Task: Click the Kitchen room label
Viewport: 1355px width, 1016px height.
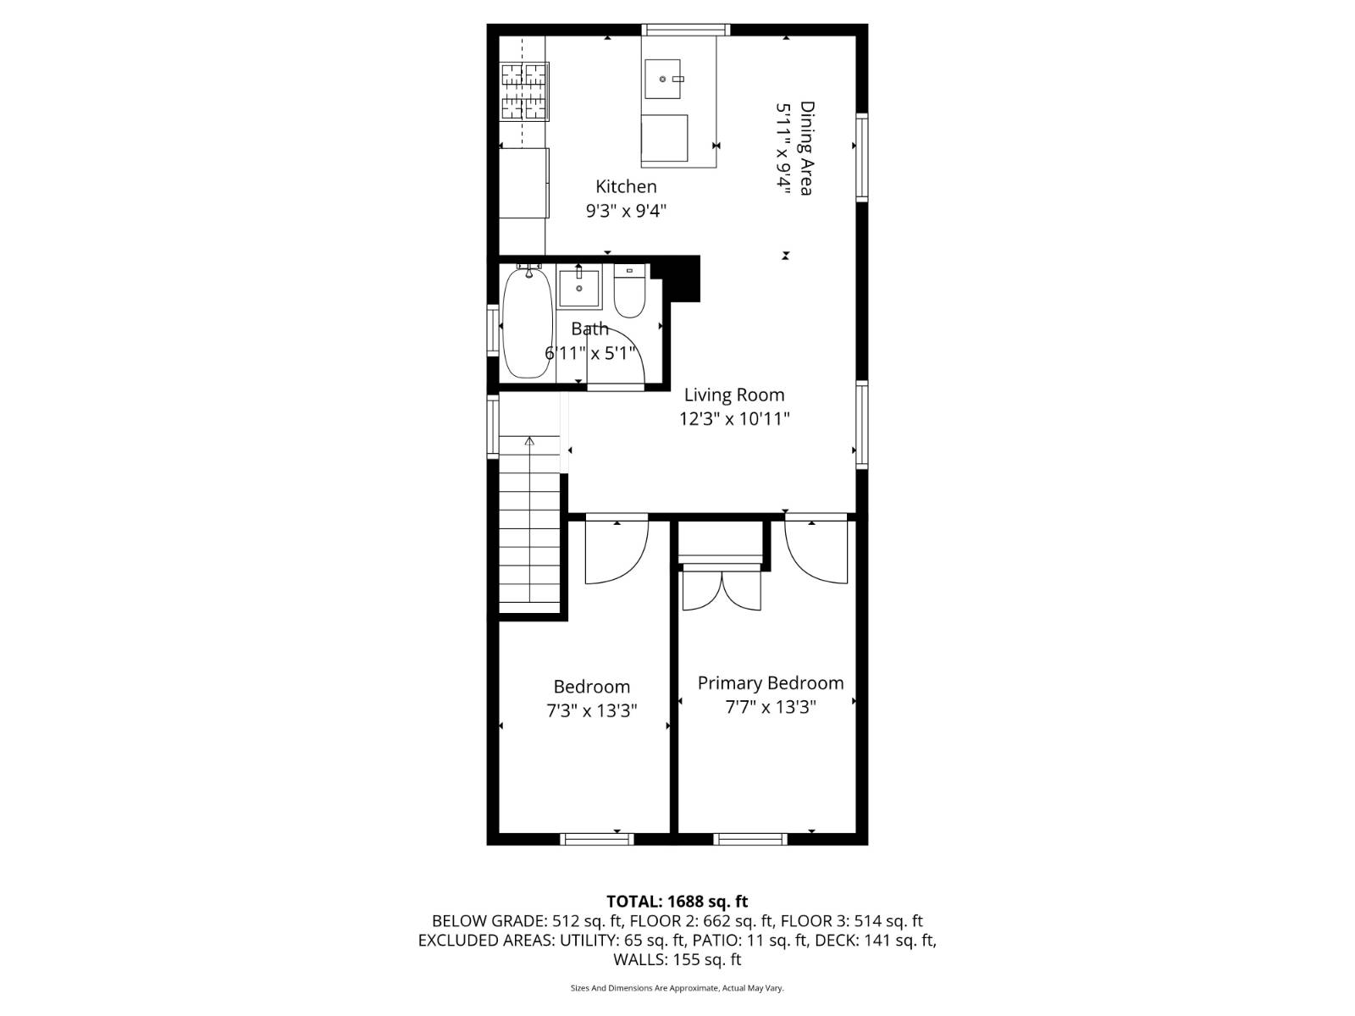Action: pos(626,186)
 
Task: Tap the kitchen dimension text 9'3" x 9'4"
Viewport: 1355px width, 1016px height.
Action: pos(626,211)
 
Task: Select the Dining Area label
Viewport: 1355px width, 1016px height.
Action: pos(807,148)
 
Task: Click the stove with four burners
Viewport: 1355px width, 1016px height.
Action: pos(523,91)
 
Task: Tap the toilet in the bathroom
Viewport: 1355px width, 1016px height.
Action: pos(629,294)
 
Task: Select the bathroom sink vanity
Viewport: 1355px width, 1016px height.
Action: pos(579,289)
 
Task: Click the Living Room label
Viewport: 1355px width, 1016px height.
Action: pos(734,395)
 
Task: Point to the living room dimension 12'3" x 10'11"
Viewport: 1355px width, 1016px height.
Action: pos(734,418)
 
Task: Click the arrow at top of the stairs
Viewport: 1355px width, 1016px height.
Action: pos(530,441)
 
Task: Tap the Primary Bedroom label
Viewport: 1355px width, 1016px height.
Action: pos(770,682)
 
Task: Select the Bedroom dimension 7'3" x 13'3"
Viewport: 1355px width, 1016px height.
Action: pos(591,710)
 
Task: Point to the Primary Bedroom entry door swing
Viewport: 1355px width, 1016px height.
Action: pos(815,552)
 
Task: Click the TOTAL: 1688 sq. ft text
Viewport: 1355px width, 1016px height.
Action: pos(677,901)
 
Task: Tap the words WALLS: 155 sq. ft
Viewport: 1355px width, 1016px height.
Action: pos(677,959)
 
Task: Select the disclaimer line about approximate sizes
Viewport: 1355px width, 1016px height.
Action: pos(677,988)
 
